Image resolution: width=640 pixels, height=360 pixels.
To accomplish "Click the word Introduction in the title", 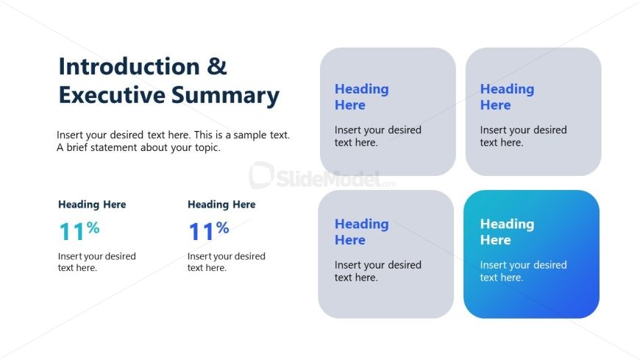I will coord(129,67).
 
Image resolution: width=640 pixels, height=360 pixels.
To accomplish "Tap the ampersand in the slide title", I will coord(217,67).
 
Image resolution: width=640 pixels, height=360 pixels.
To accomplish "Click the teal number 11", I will coord(72,232).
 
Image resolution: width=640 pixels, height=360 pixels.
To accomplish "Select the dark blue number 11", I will coord(202,232).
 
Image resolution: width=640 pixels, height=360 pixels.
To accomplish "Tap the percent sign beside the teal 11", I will coord(93,228).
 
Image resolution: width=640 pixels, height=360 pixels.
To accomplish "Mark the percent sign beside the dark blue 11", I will coord(223,228).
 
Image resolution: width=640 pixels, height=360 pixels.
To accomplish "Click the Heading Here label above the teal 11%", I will coord(92,205).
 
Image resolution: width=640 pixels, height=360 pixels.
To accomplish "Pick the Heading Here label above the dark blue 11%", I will coord(221,205).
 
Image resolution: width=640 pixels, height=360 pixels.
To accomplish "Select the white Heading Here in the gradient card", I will coord(507,232).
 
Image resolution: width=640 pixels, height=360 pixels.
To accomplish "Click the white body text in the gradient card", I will coord(523,271).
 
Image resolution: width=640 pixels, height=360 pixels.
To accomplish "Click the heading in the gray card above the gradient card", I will coord(507,97).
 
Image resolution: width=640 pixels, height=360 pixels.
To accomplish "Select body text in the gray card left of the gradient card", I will coord(377,271).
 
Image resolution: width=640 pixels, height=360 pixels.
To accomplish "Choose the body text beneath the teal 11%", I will coord(96,262).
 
